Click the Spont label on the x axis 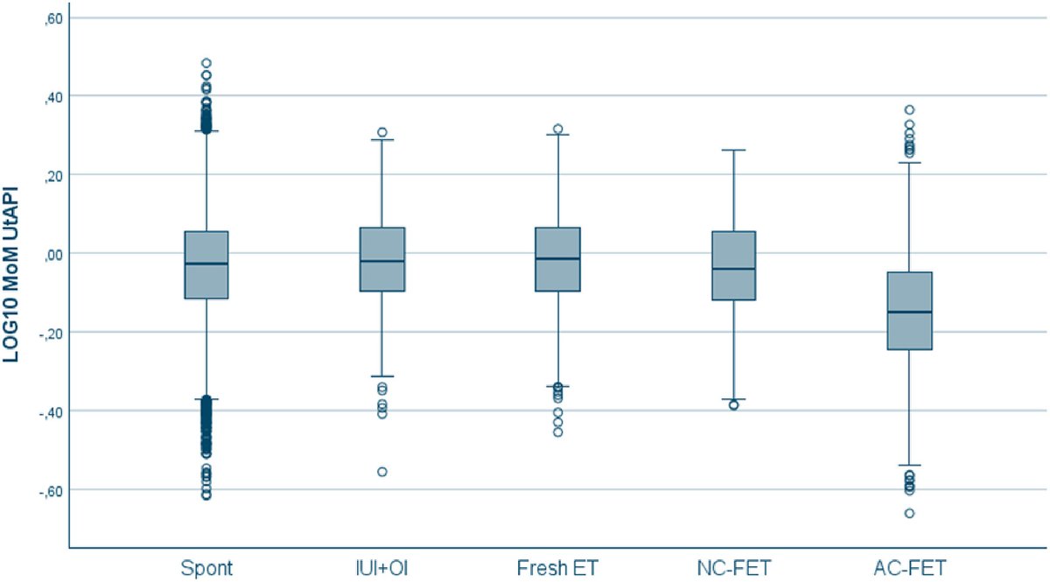pyautogui.click(x=206, y=569)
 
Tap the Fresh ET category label pyautogui.click(x=557, y=569)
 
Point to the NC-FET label pyautogui.click(x=733, y=569)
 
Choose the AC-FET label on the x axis pyautogui.click(x=909, y=569)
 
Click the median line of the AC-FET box pyautogui.click(x=909, y=312)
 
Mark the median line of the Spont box pyautogui.click(x=206, y=263)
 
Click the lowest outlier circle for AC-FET pyautogui.click(x=909, y=513)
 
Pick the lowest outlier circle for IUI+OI pyautogui.click(x=382, y=472)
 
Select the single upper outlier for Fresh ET pyautogui.click(x=557, y=129)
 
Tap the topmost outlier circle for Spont pyautogui.click(x=206, y=63)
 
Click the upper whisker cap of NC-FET pyautogui.click(x=733, y=150)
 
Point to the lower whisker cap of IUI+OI pyautogui.click(x=382, y=376)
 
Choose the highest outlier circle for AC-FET pyautogui.click(x=909, y=110)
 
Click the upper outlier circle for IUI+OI pyautogui.click(x=382, y=132)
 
